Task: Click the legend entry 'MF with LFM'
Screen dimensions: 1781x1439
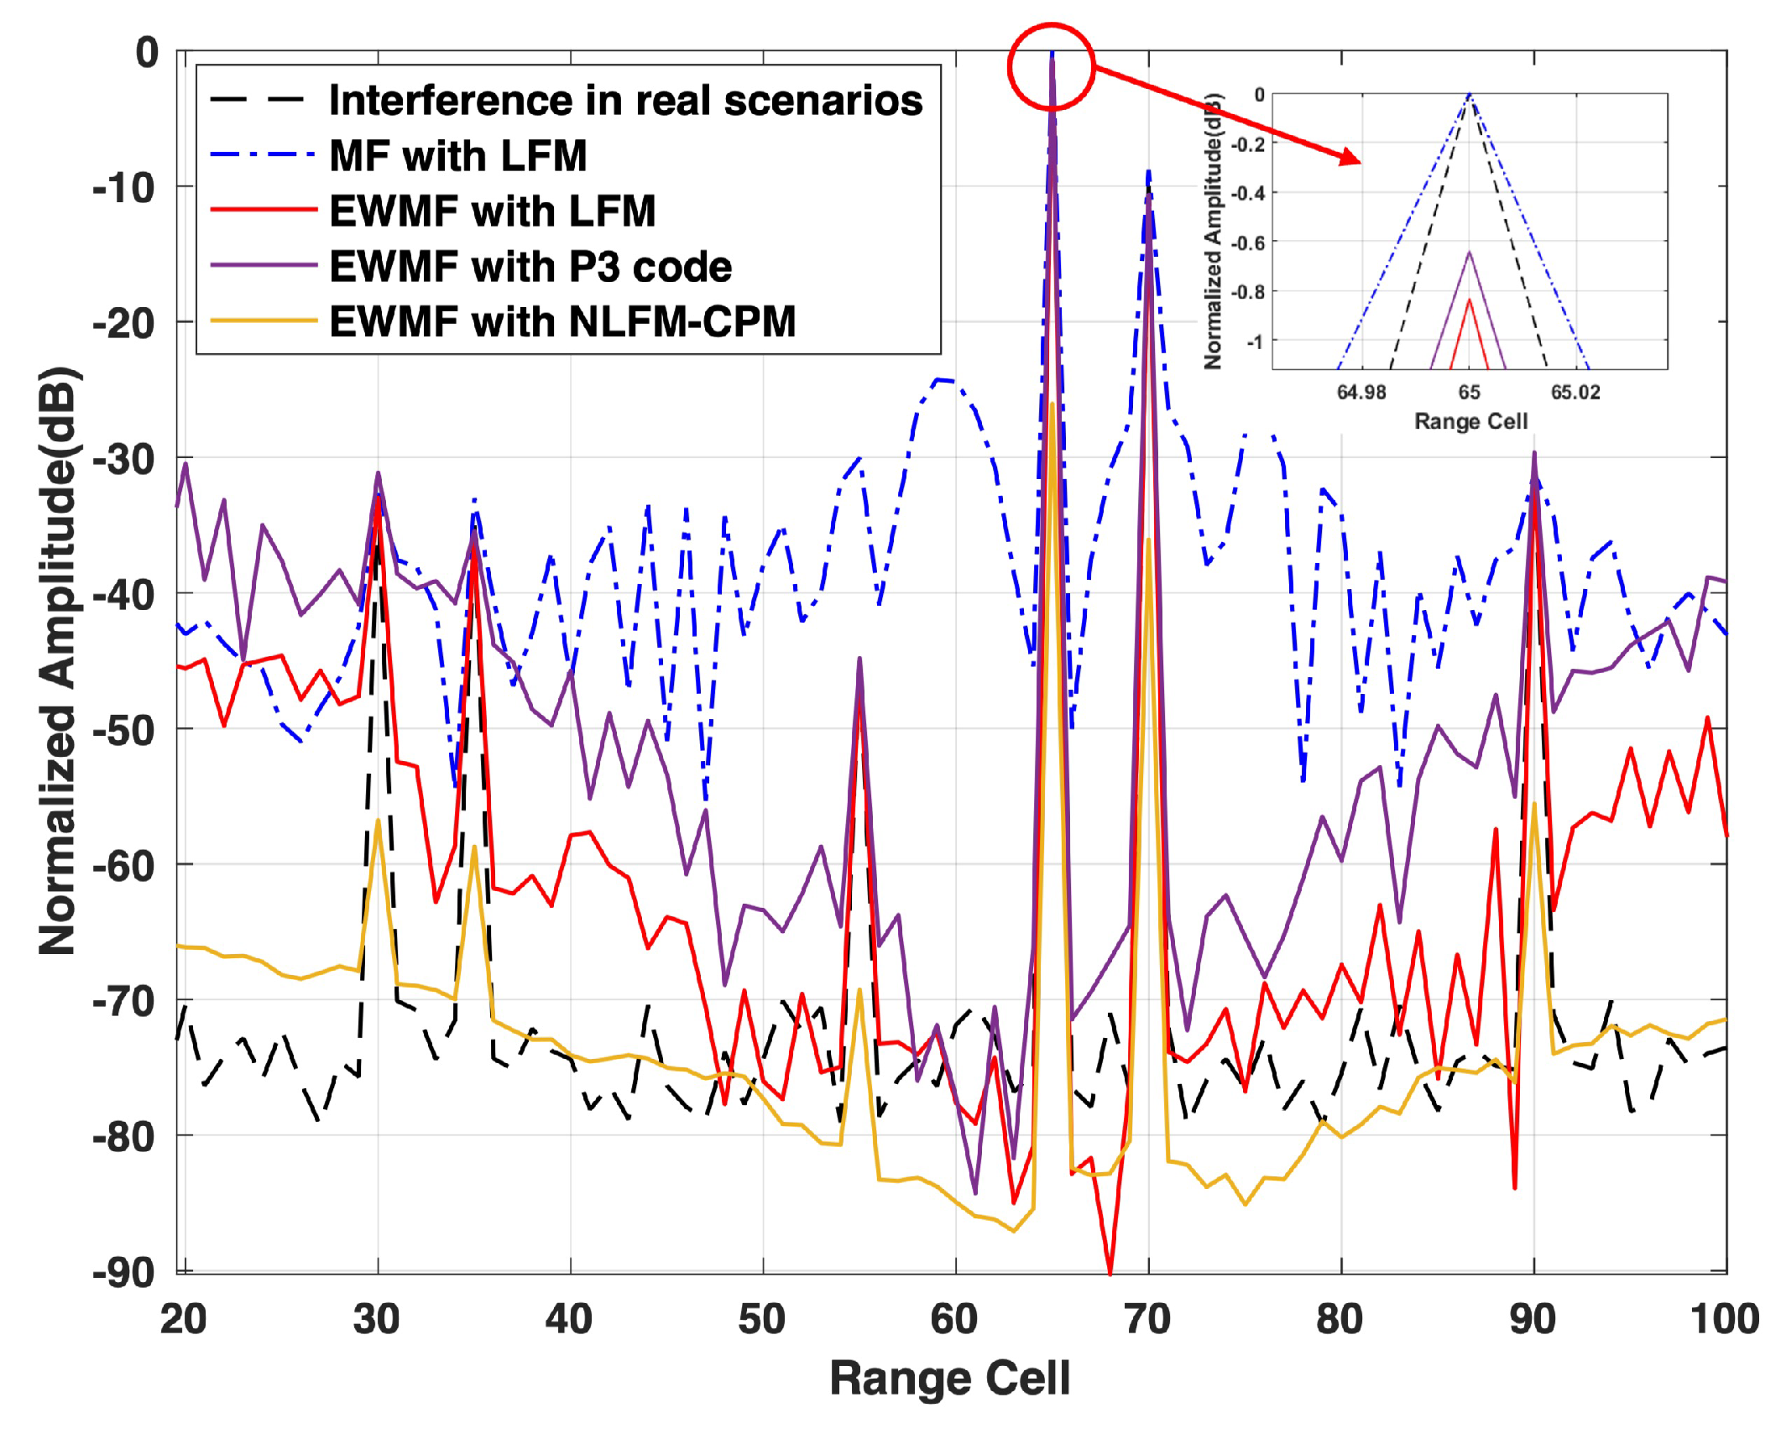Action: [x=457, y=156]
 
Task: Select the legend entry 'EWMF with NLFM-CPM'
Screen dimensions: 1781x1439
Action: [x=561, y=322]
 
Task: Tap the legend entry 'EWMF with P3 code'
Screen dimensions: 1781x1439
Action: [x=530, y=267]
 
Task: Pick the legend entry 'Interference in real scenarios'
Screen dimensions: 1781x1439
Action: [x=625, y=101]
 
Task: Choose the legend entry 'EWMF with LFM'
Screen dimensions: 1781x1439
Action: [x=492, y=211]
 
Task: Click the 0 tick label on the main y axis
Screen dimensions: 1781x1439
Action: [x=147, y=53]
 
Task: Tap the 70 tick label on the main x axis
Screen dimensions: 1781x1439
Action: [x=1146, y=1319]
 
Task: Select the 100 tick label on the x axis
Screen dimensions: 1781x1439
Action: [x=1724, y=1319]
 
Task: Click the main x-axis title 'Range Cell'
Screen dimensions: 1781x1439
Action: [x=949, y=1379]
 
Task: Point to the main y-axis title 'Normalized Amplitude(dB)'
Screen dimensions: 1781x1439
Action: [x=59, y=661]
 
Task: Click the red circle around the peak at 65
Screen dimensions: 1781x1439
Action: [x=1051, y=66]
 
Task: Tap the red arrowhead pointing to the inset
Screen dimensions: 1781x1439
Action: [x=1350, y=157]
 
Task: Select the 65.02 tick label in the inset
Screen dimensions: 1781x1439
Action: [x=1575, y=393]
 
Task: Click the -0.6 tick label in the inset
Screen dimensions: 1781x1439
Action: [x=1247, y=243]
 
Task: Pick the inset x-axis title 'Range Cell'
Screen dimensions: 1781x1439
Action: [x=1470, y=421]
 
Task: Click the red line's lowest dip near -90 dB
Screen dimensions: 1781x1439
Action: [x=1110, y=1272]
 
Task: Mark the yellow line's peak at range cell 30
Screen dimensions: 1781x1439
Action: [x=379, y=821]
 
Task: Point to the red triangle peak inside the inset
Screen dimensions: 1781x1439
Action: [x=1469, y=300]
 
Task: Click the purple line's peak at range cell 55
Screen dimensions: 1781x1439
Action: [x=859, y=660]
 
